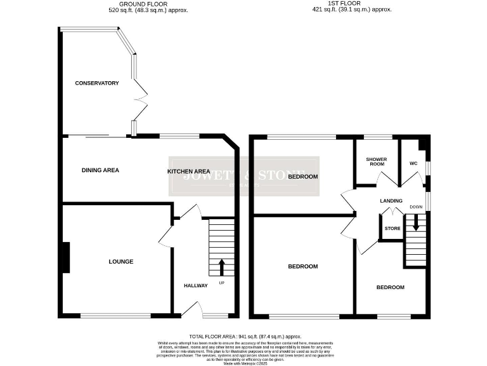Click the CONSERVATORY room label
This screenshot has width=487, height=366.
[x=97, y=83]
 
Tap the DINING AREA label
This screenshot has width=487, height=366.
[x=100, y=170]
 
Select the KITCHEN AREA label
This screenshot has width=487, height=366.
[x=188, y=172]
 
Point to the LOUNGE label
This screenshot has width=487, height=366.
[x=120, y=262]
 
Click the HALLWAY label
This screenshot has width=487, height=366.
[x=196, y=285]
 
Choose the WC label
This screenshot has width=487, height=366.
[x=413, y=163]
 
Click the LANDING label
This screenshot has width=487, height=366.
[x=391, y=201]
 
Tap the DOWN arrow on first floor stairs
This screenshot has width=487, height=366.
[x=416, y=223]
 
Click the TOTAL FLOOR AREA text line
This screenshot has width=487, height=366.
[x=245, y=336]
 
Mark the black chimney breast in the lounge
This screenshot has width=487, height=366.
[x=65, y=258]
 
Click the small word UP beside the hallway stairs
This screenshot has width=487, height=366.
[x=221, y=282]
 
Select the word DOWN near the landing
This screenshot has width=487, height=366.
[x=416, y=207]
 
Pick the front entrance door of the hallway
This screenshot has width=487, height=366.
[x=192, y=309]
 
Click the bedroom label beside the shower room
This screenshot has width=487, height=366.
[x=302, y=177]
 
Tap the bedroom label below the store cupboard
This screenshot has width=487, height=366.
[x=390, y=287]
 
